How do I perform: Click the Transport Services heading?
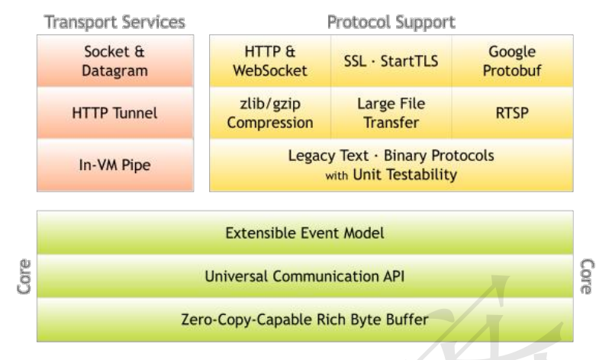(x=114, y=22)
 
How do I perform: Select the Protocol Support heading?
(x=391, y=22)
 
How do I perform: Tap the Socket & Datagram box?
(x=115, y=61)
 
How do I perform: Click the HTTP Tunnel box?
(x=115, y=113)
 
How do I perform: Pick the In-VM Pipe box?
(x=115, y=165)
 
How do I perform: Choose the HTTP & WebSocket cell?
(x=270, y=61)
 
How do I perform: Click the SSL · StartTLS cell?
(x=391, y=61)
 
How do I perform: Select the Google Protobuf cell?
(x=513, y=61)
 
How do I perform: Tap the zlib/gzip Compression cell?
(x=270, y=113)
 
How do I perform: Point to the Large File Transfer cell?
(x=391, y=113)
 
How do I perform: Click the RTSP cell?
(x=513, y=113)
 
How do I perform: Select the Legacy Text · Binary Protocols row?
(x=391, y=165)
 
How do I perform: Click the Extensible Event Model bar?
(x=304, y=233)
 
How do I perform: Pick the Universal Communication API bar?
(x=304, y=276)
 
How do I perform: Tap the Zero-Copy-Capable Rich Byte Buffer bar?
(x=304, y=320)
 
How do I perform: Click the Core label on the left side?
(x=24, y=276)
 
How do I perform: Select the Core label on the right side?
(x=587, y=276)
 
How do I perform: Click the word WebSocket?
(x=270, y=71)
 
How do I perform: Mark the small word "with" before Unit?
(x=337, y=175)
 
